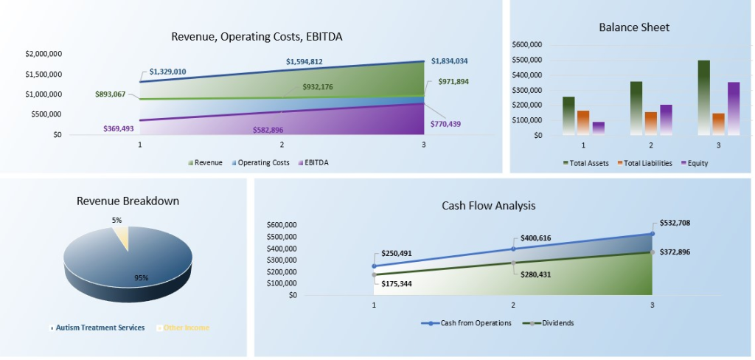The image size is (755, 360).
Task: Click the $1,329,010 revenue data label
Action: (167, 72)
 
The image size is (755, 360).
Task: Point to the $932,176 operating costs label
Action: (317, 87)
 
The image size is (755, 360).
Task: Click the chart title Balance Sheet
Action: (634, 27)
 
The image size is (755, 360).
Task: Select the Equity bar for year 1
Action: (598, 128)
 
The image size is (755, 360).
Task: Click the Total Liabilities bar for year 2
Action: (651, 123)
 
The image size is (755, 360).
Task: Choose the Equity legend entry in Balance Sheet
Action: (694, 163)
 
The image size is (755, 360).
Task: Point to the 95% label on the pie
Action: (141, 277)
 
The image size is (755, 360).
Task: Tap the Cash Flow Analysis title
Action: (488, 206)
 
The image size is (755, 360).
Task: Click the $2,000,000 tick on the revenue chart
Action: (44, 54)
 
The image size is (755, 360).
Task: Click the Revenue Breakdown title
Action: (128, 201)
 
